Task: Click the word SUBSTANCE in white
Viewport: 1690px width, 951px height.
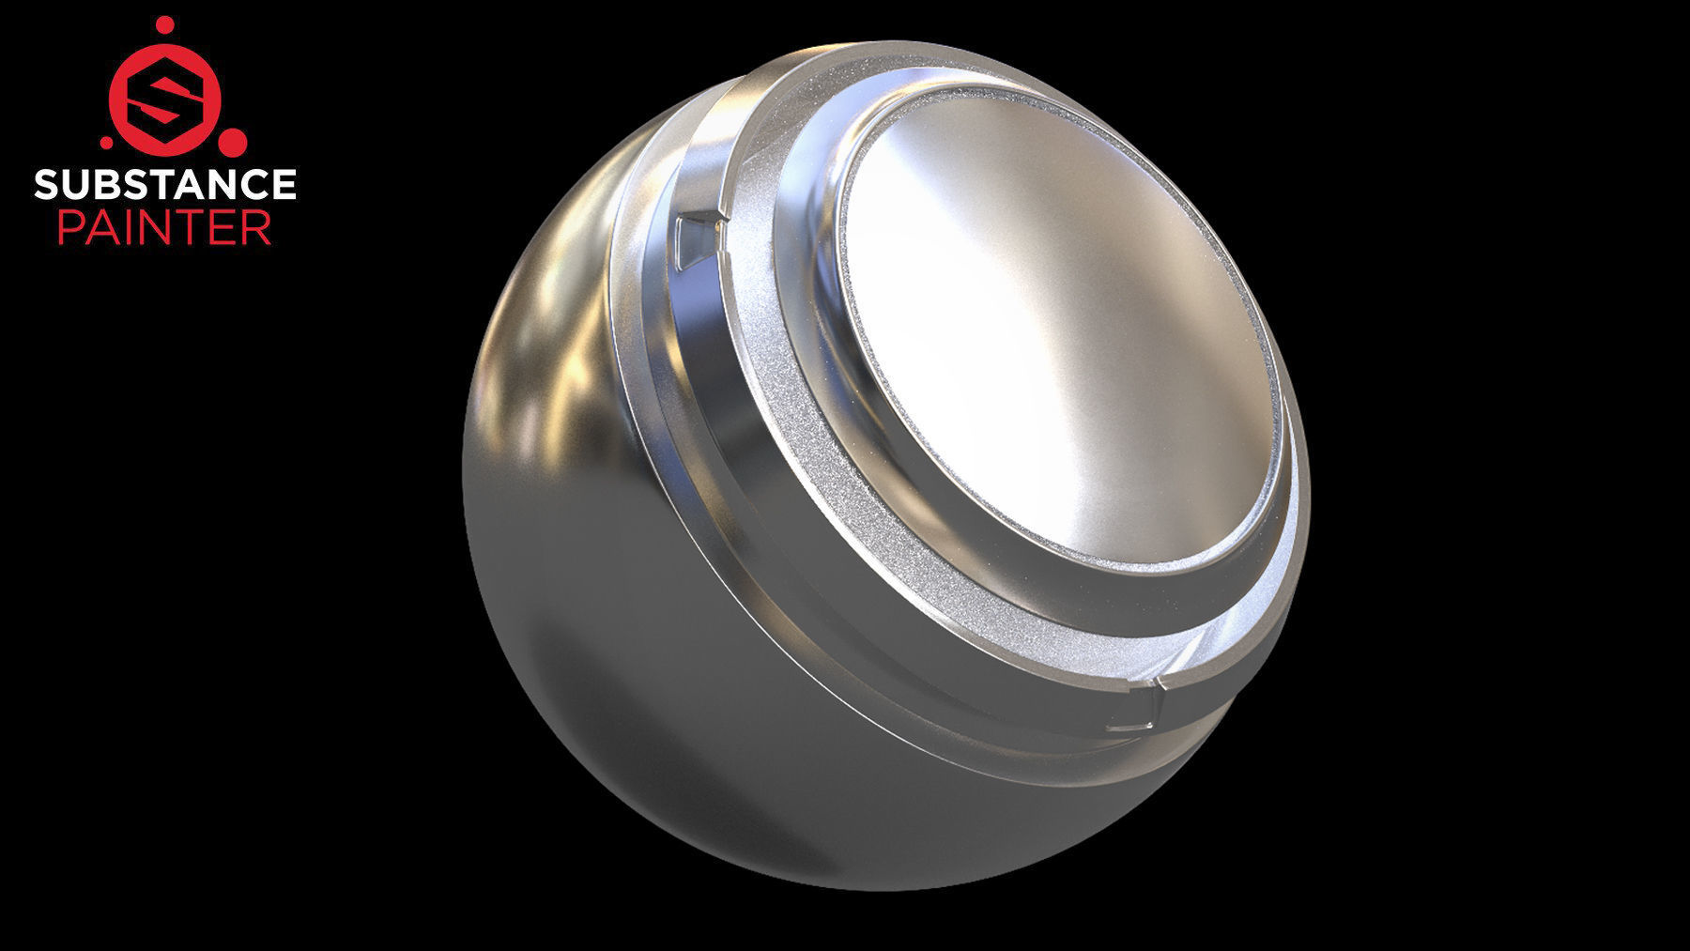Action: click(165, 185)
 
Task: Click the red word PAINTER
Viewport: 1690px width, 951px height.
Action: click(165, 228)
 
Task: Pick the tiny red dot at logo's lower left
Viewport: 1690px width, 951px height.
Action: click(106, 144)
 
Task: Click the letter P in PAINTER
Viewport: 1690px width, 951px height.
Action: click(69, 228)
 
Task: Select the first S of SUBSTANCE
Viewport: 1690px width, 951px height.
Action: click(45, 185)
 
